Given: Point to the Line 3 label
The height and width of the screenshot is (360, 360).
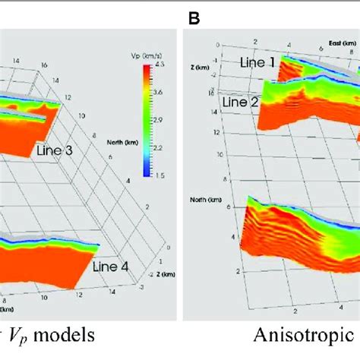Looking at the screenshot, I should coord(55,151).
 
